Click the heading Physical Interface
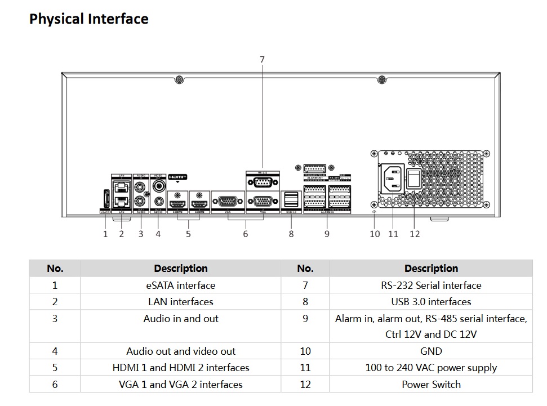[x=89, y=19]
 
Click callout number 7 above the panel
[x=262, y=59]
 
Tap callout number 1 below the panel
[x=105, y=234]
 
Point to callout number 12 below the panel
[x=415, y=234]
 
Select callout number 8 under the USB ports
[x=291, y=234]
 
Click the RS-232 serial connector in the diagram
[x=262, y=182]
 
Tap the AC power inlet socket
[x=393, y=179]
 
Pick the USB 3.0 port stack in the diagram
[x=291, y=200]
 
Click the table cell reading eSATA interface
[x=180, y=285]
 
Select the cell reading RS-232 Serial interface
[x=431, y=285]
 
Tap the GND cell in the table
[x=431, y=351]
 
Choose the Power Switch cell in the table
[x=431, y=385]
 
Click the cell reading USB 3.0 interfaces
[x=431, y=302]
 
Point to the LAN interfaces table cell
[x=180, y=302]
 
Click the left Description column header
[x=180, y=269]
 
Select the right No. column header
[x=305, y=269]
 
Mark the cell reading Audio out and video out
[x=180, y=351]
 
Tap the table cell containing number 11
[x=305, y=368]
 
